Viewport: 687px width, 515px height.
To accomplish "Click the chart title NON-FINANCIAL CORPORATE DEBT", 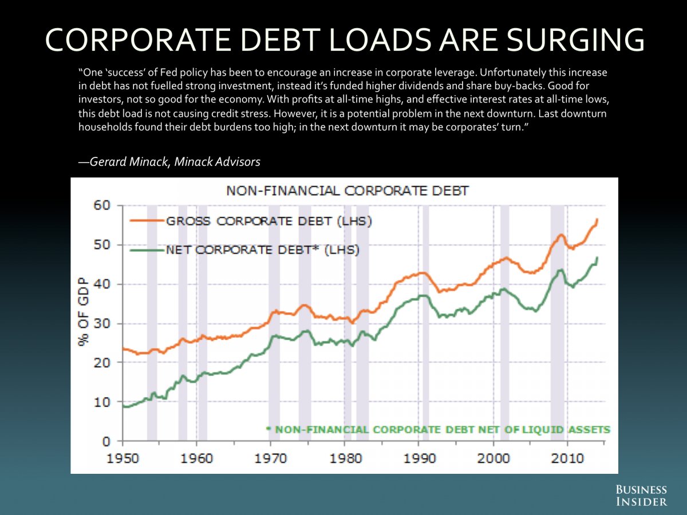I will point(347,191).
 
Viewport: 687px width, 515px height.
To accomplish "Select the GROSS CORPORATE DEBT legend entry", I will point(269,221).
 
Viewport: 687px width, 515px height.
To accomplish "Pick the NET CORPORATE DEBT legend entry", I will point(262,249).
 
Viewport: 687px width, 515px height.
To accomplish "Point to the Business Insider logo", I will point(641,496).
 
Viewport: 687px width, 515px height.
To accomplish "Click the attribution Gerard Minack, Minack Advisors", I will point(169,162).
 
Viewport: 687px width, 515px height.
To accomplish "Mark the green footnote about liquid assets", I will point(439,429).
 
